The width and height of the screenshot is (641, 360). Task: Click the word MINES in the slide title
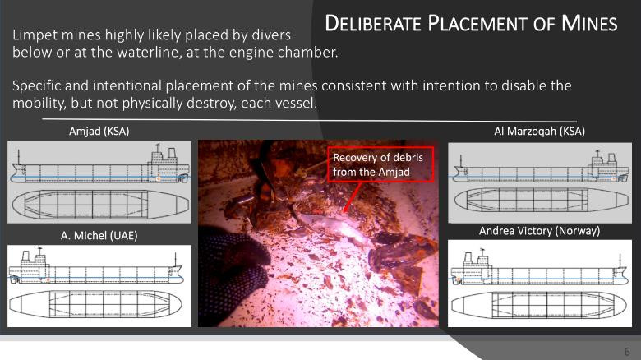[589, 23]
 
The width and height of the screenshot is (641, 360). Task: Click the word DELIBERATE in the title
[373, 23]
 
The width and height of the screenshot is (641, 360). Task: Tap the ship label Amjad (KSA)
[99, 132]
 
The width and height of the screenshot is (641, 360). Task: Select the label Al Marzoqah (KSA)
[539, 132]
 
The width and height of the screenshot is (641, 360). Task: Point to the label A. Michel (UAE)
[99, 236]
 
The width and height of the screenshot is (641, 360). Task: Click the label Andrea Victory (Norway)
[539, 231]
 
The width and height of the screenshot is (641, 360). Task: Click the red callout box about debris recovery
[380, 164]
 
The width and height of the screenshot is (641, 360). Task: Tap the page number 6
[627, 352]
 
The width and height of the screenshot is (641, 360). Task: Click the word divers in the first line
[271, 35]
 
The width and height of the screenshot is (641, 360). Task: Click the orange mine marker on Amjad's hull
[159, 179]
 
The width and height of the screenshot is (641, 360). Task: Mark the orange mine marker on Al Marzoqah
[613, 179]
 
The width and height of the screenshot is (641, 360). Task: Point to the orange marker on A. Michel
[48, 279]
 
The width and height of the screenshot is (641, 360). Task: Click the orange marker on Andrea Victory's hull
[459, 280]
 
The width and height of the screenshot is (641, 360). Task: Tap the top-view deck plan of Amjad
[100, 204]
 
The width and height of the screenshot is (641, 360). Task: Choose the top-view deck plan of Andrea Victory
[539, 305]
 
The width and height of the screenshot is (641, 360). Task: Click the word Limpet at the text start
[35, 35]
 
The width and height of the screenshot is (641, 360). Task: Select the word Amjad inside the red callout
[394, 173]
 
